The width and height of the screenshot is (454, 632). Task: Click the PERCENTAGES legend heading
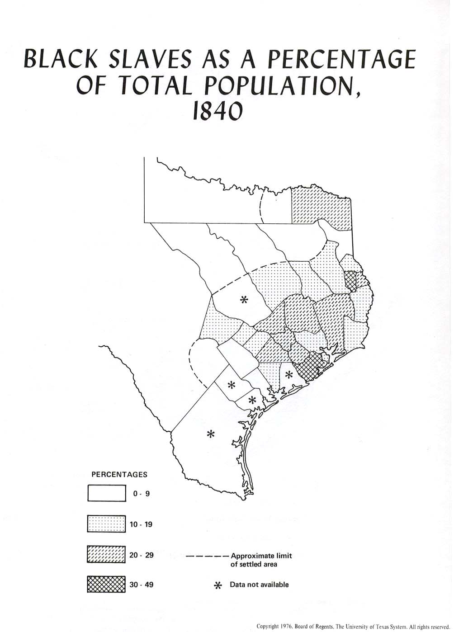tap(119, 475)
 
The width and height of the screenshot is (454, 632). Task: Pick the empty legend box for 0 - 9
tap(107, 493)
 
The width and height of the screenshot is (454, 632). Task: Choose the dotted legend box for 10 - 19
tap(107, 524)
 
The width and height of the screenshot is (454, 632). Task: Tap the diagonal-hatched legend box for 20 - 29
tap(107, 555)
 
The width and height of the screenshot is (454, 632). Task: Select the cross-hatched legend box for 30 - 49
tap(107, 584)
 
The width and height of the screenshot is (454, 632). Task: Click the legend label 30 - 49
tap(142, 585)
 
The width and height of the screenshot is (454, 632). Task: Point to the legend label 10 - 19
tap(142, 524)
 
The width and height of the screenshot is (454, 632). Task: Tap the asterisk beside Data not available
tap(218, 585)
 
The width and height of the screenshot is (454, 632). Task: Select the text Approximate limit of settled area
tap(261, 560)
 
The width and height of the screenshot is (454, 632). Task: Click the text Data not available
tap(259, 585)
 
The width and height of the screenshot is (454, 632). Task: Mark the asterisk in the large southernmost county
tap(210, 434)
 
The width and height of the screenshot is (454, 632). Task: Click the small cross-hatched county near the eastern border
tap(350, 280)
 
